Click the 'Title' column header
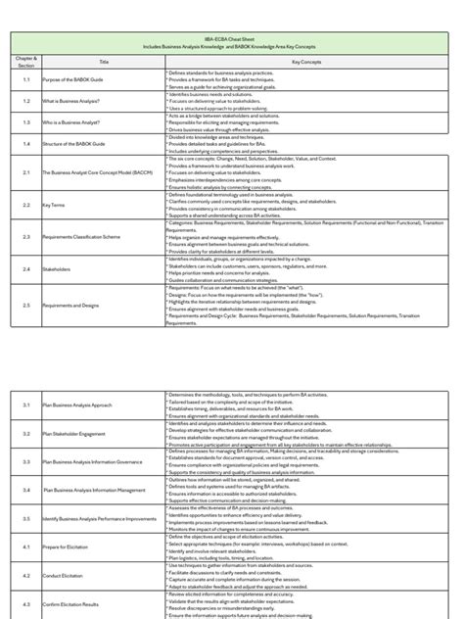pos(104,60)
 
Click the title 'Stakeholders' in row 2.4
pos(56,267)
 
